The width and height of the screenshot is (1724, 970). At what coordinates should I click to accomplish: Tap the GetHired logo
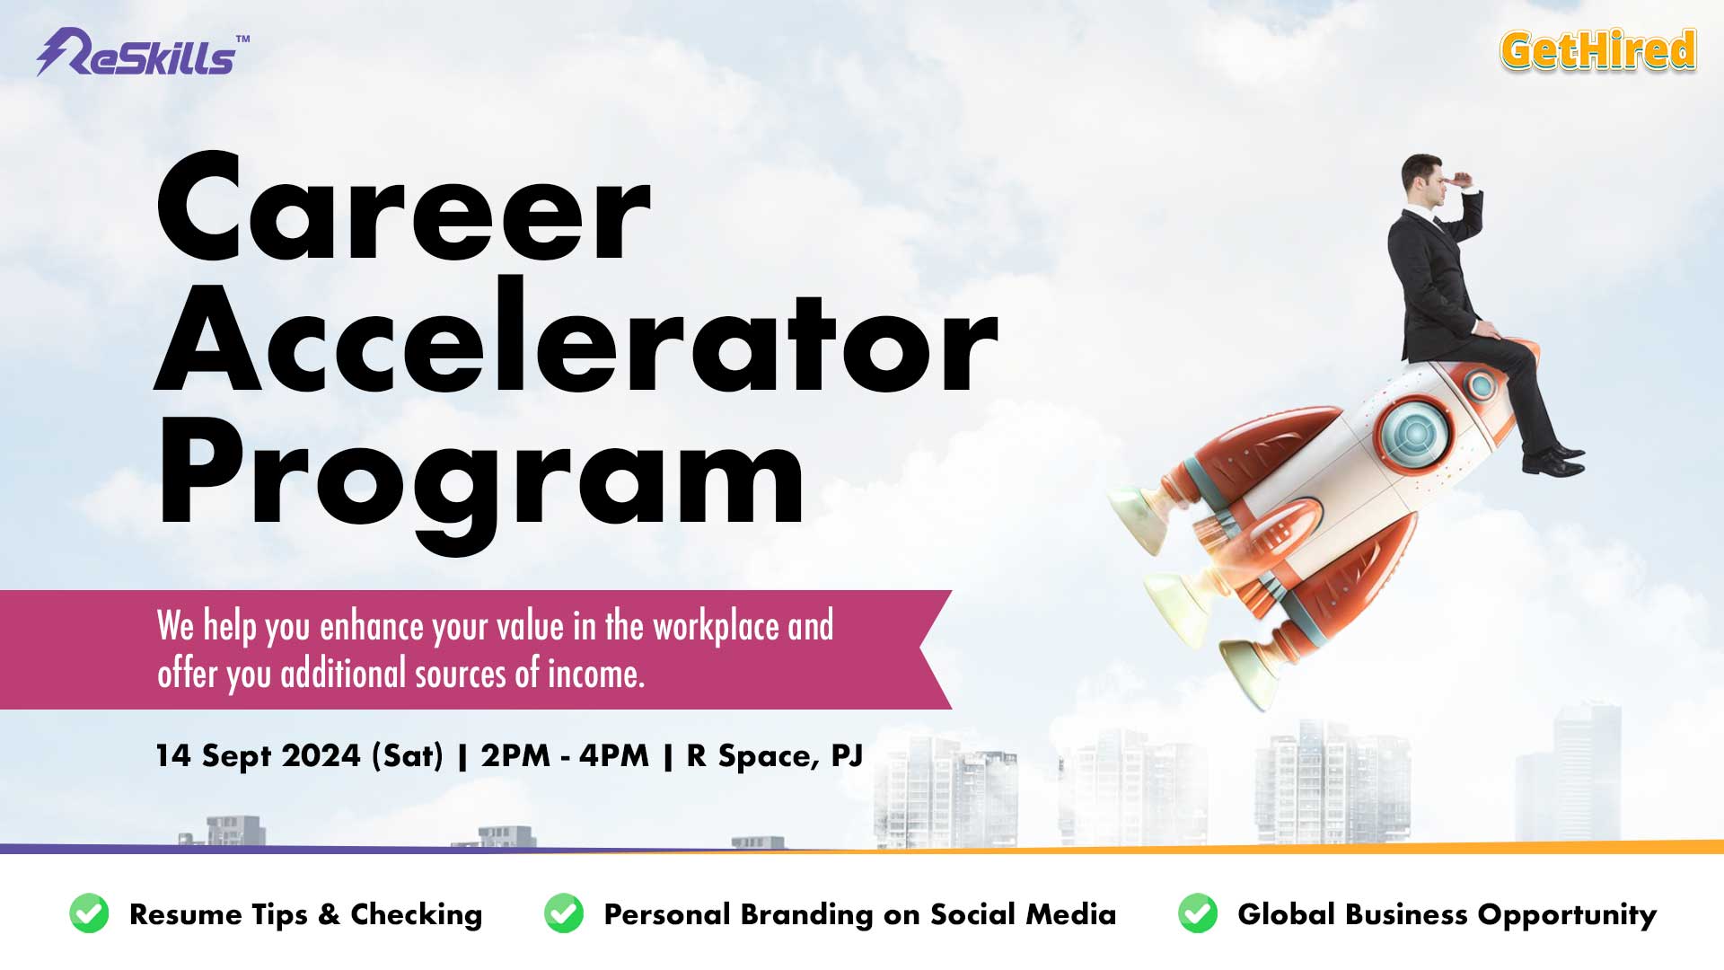tap(1598, 50)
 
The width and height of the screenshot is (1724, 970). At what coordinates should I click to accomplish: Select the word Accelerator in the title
tap(576, 339)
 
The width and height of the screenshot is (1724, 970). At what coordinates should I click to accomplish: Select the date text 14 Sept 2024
tap(258, 755)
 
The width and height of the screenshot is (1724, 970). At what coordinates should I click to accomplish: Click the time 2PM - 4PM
tap(565, 755)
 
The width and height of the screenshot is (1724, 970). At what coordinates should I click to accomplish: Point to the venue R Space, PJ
tap(775, 756)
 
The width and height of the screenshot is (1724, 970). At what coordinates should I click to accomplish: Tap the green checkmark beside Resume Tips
tap(89, 913)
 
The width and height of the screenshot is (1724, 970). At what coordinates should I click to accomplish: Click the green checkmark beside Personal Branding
tap(564, 913)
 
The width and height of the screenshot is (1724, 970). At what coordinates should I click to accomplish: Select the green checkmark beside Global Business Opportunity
tap(1198, 913)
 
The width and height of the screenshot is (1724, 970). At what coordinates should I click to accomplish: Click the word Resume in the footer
tap(186, 914)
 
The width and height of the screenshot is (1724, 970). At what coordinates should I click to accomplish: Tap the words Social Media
tap(1024, 914)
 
